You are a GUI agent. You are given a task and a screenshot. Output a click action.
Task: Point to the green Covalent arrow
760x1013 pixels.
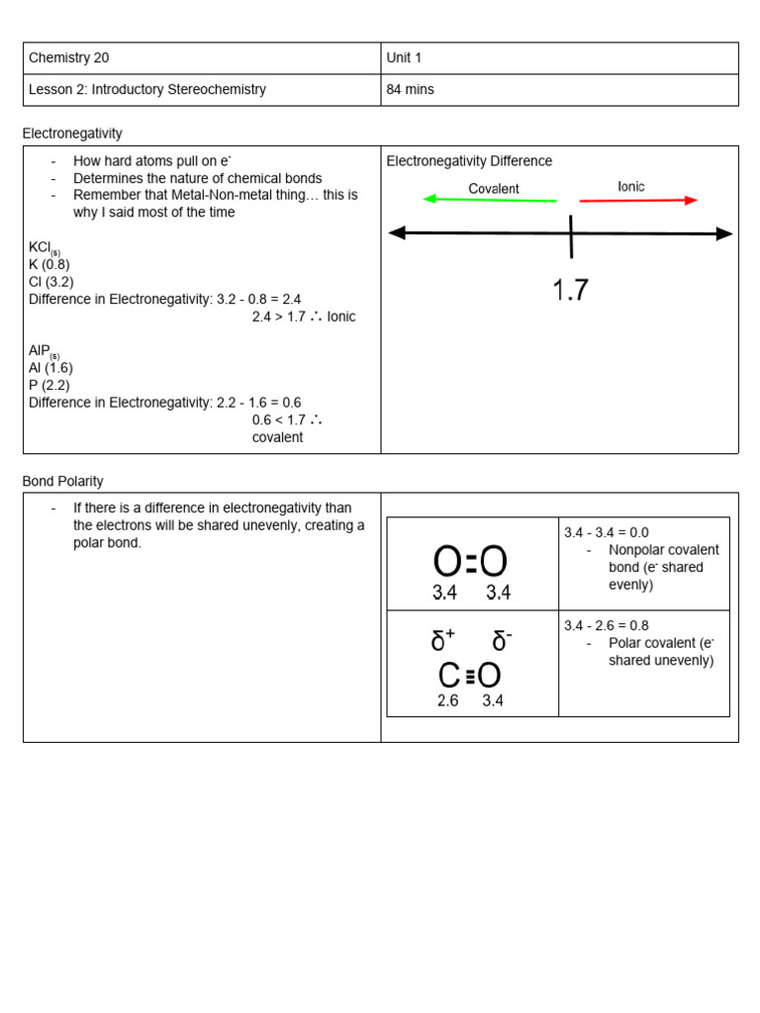coord(490,200)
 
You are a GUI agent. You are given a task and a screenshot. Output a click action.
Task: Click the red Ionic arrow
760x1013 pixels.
coord(638,200)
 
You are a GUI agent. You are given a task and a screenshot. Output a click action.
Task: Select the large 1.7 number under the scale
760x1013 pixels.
coord(570,290)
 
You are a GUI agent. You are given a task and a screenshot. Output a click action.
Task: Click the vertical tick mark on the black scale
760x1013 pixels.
coord(571,234)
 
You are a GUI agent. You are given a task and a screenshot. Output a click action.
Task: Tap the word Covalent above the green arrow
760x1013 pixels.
coord(494,188)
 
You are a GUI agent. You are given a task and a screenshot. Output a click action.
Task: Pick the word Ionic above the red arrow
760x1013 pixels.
coord(631,186)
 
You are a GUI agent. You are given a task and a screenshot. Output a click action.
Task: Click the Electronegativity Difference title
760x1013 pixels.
coord(469,161)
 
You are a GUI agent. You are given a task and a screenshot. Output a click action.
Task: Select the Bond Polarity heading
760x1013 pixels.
coord(63,481)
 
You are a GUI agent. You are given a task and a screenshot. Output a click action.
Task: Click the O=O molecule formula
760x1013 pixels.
coord(470,562)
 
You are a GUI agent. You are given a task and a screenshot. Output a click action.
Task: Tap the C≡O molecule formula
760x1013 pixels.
coord(470,676)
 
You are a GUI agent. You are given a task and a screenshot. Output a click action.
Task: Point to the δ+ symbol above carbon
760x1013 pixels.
coord(442,641)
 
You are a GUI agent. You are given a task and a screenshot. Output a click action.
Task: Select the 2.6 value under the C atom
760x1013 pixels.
coord(448,700)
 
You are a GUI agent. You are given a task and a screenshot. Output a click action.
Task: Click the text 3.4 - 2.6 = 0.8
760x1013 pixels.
coord(607,625)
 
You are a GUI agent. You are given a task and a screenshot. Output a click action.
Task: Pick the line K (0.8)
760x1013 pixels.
coord(49,264)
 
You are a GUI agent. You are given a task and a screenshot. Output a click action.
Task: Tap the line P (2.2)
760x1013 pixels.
coord(49,385)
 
